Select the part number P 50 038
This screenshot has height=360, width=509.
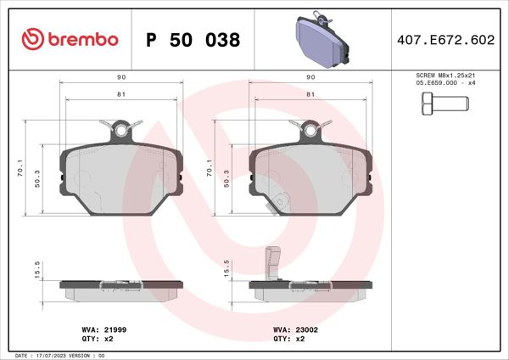tap(193, 40)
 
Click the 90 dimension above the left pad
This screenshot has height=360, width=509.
tap(121, 77)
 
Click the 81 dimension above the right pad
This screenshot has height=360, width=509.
tap(310, 94)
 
